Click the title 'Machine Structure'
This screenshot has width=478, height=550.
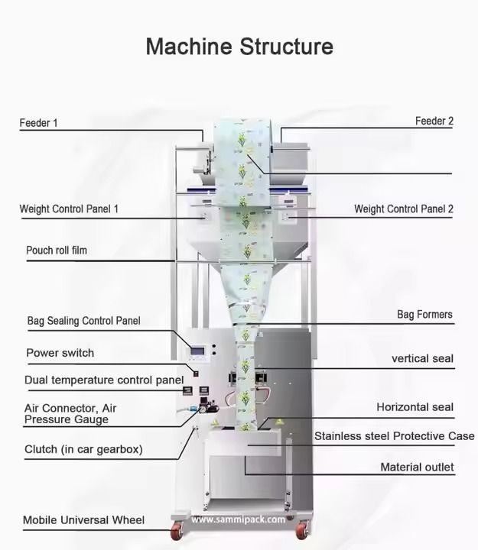pos(239,47)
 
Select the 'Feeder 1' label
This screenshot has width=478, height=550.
pos(38,122)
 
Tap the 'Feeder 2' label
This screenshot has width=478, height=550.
pos(434,121)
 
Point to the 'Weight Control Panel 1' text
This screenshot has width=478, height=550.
pos(69,209)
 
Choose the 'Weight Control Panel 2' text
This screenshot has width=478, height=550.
pos(403,209)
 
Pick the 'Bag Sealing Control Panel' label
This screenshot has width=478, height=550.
pos(83,321)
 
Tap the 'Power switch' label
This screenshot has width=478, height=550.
pos(60,353)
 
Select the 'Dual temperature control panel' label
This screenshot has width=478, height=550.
pos(103,380)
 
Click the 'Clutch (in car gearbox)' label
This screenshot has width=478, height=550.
pos(83,449)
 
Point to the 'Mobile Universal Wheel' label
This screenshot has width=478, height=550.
pos(83,520)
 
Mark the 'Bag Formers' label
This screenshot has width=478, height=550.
pos(424,314)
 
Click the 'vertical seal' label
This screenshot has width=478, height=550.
pos(422,358)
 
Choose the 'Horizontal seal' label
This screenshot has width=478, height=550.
pos(415,407)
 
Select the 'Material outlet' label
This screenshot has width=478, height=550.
pos(417,467)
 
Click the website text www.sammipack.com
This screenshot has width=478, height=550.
pos(238,519)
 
